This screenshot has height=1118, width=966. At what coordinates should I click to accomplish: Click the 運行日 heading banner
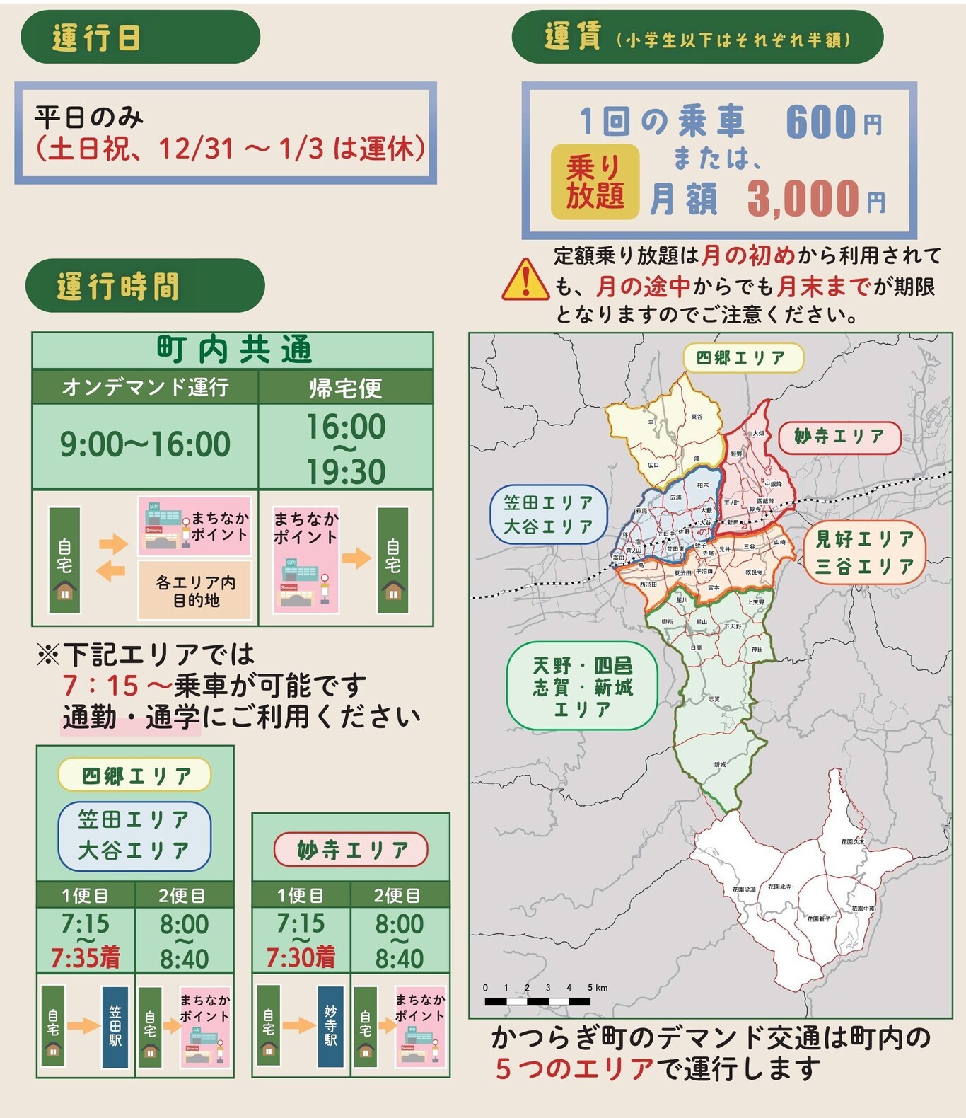click(x=140, y=37)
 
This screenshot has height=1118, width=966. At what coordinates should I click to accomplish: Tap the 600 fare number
click(x=821, y=122)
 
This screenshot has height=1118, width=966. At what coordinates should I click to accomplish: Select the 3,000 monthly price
click(x=803, y=198)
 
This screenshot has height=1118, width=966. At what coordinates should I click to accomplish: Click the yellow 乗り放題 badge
click(x=595, y=182)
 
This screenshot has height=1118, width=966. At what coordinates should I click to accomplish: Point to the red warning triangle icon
click(x=525, y=280)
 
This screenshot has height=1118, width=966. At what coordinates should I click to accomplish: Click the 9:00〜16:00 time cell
click(x=145, y=445)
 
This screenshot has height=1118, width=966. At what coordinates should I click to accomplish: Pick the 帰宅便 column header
click(x=345, y=388)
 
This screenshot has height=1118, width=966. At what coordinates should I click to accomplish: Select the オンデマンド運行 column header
click(x=145, y=388)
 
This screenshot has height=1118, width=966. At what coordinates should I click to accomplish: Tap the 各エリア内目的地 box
click(x=195, y=591)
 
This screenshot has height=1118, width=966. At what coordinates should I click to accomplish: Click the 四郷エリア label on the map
click(x=743, y=358)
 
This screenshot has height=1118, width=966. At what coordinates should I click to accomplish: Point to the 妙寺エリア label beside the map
click(x=839, y=437)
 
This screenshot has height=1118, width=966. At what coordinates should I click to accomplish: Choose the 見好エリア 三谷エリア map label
click(x=864, y=553)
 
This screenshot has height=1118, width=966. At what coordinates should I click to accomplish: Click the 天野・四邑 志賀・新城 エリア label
click(x=582, y=686)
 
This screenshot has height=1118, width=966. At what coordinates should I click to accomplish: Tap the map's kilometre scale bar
click(x=537, y=1001)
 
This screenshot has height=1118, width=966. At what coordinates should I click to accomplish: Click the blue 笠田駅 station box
click(x=115, y=1026)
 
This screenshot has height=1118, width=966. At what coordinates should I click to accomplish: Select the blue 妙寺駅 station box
click(x=330, y=1026)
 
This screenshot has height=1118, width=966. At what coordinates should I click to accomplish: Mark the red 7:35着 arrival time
click(x=85, y=957)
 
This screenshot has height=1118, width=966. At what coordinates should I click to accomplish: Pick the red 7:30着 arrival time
click(x=301, y=957)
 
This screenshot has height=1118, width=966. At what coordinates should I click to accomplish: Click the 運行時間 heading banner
click(x=145, y=286)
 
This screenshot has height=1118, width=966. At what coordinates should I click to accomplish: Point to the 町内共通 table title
click(x=233, y=350)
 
